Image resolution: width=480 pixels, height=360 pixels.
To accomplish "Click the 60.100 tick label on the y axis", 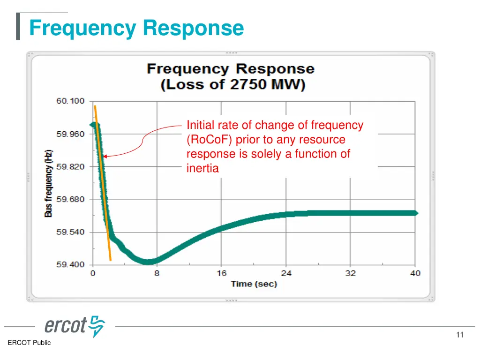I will point(70,101).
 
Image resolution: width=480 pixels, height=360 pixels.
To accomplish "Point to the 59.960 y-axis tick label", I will point(70,134).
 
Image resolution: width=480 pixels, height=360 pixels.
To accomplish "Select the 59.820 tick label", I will point(70,167).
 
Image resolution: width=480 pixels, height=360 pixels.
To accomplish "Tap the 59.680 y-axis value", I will point(70,199).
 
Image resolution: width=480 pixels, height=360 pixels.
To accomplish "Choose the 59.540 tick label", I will point(70,232).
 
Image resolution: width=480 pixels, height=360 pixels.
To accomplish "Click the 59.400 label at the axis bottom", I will point(70,265).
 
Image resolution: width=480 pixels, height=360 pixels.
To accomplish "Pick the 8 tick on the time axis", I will point(157,274).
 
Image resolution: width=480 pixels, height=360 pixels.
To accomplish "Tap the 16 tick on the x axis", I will point(222,274).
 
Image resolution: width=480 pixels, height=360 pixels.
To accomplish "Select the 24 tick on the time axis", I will point(286,274).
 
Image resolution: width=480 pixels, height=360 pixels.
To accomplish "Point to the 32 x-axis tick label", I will point(351,274).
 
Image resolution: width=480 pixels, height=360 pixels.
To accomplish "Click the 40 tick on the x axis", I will point(415,274).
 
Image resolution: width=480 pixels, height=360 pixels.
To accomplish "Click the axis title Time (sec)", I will point(254,284).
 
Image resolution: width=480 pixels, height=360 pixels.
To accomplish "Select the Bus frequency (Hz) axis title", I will point(49,183).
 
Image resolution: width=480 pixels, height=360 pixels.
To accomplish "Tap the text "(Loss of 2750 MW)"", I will point(232,85).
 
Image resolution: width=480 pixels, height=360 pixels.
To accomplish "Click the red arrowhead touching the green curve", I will point(105,157).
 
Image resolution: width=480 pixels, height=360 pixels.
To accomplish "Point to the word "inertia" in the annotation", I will point(202,168).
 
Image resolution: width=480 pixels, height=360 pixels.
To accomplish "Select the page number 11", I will point(459,335).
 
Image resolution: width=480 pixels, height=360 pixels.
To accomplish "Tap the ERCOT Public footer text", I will point(29,343).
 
